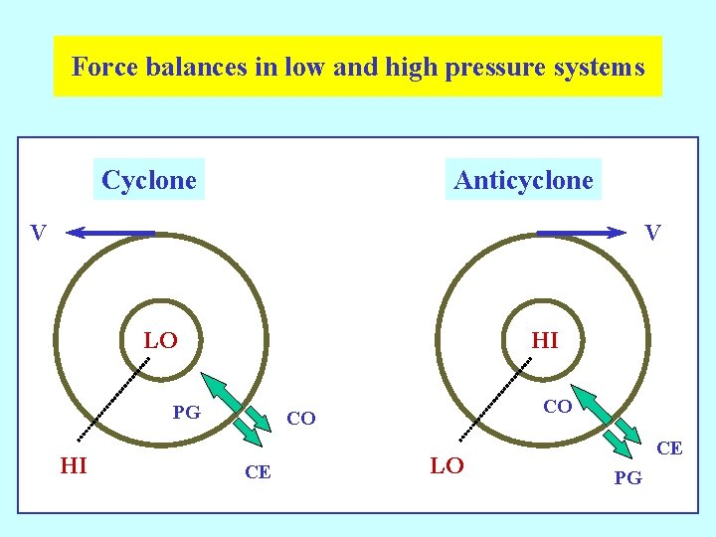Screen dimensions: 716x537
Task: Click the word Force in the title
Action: coord(102,68)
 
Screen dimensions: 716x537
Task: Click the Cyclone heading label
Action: coord(149,181)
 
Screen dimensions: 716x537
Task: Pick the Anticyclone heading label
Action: coord(523,181)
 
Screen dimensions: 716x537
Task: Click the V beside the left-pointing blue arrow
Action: coord(38,234)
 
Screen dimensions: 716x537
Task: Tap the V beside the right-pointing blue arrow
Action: coord(652,233)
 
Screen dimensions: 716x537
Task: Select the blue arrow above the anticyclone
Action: coord(582,234)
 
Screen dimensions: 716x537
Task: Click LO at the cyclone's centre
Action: coord(160,341)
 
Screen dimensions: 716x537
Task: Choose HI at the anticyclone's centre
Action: coord(545,341)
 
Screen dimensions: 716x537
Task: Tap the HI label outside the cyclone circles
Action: coord(74,464)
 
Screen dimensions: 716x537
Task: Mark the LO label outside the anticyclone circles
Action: coord(447,465)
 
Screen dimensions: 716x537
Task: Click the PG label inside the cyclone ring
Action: coord(186,412)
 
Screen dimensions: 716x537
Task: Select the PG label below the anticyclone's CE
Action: coord(627,479)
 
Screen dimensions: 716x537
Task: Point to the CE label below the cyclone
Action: coord(258,472)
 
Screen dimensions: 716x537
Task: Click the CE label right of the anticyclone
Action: coord(669,448)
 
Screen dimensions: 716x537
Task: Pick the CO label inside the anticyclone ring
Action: coord(557,407)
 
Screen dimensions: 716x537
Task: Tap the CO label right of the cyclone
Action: coord(300,419)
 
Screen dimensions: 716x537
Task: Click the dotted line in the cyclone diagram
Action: coord(113,398)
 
